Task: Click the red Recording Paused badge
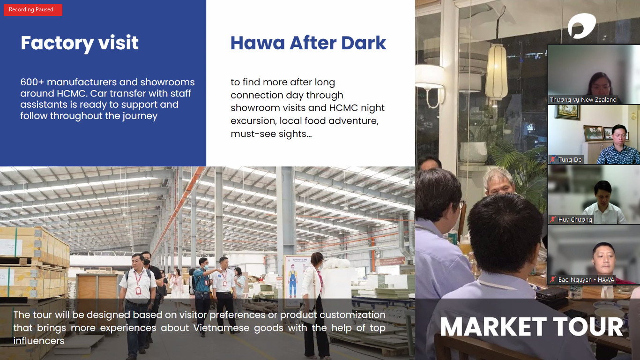(x=33, y=10)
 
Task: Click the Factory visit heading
(x=80, y=43)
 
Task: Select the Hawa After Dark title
(x=308, y=43)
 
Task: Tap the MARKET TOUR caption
(x=531, y=327)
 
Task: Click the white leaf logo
(x=581, y=26)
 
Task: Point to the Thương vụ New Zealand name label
(x=583, y=99)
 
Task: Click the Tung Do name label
(x=570, y=159)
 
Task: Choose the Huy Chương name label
(x=575, y=219)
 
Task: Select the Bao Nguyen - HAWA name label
(x=586, y=280)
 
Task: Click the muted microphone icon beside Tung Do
(x=553, y=159)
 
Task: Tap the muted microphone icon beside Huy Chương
(x=553, y=219)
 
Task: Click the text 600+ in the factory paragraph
(x=32, y=82)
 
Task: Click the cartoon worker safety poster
(x=293, y=277)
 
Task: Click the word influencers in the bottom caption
(x=39, y=341)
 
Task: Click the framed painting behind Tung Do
(x=567, y=112)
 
